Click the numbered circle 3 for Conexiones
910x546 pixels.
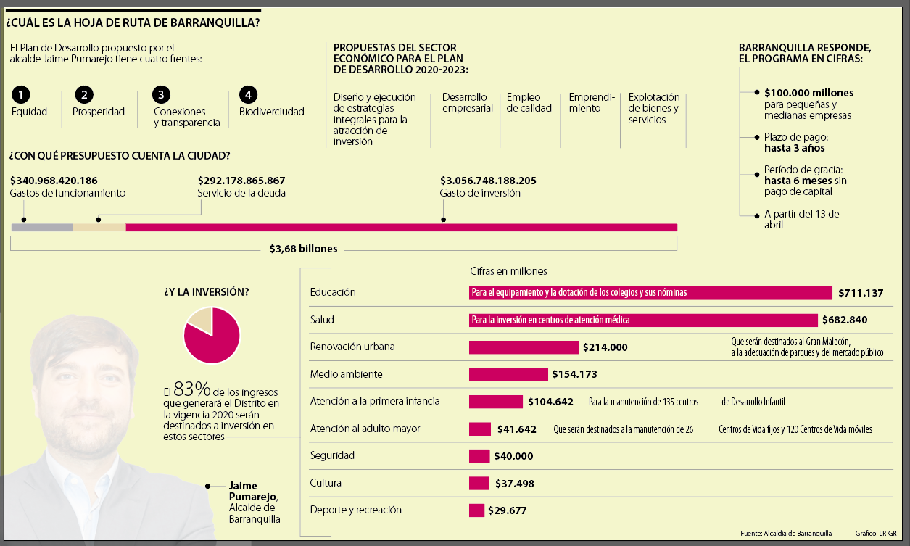pos(161,94)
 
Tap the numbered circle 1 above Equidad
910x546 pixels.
pos(22,94)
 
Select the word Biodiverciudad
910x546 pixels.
pos(272,112)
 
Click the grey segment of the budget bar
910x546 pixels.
pos(42,228)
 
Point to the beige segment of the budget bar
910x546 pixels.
pos(99,228)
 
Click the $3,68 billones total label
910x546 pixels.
pos(303,249)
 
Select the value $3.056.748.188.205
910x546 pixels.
pos(488,181)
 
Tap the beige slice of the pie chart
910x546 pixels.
pos(199,319)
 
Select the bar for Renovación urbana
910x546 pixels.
pos(524,347)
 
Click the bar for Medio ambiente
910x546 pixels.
pos(508,374)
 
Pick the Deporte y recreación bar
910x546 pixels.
pos(476,510)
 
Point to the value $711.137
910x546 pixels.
pos(861,293)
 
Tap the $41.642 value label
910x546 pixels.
pos(517,429)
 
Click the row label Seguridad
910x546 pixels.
pos(332,455)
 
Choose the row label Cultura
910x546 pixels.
pos(326,483)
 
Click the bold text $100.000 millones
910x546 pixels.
pos(808,93)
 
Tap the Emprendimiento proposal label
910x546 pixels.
pos(592,102)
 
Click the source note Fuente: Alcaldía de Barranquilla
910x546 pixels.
pos(786,533)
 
